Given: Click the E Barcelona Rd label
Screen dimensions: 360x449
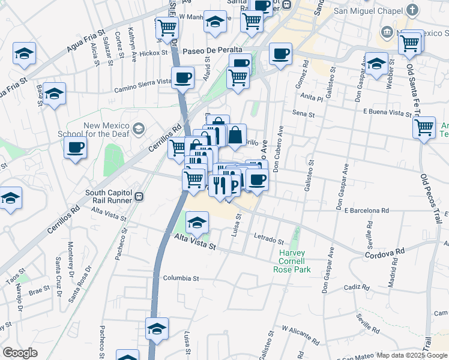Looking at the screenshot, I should click(x=367, y=211).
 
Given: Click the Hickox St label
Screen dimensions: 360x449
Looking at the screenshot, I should click(x=153, y=53).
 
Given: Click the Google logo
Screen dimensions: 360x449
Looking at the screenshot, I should click(x=20, y=353).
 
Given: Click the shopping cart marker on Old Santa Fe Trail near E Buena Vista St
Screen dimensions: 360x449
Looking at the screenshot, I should click(x=424, y=127).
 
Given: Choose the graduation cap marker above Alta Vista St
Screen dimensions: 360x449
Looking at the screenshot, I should click(x=197, y=223).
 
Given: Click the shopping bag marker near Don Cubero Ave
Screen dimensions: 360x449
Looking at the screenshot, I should click(x=235, y=135).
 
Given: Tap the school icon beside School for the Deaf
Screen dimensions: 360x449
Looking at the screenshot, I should click(x=139, y=128).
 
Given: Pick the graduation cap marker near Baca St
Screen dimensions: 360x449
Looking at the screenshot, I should click(x=54, y=94).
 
